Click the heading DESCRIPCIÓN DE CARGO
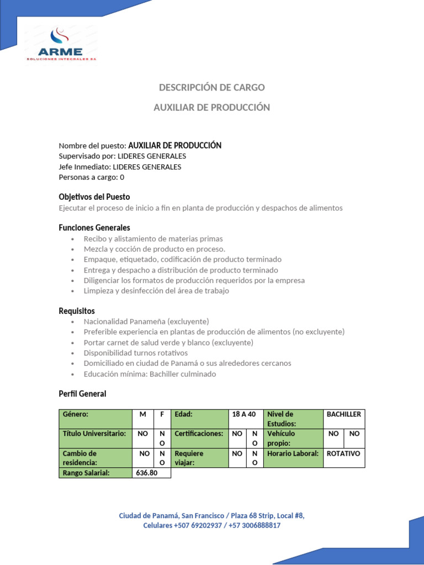click(x=212, y=87)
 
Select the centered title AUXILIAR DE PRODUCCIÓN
click(x=212, y=108)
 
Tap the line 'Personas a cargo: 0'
click(x=92, y=177)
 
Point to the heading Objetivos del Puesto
click(x=94, y=197)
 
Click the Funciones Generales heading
click(x=94, y=227)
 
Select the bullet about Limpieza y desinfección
click(x=156, y=291)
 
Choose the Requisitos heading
click(x=77, y=311)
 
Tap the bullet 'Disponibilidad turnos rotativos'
click(x=136, y=353)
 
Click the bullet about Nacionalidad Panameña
click(x=146, y=321)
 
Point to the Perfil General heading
click(x=82, y=394)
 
